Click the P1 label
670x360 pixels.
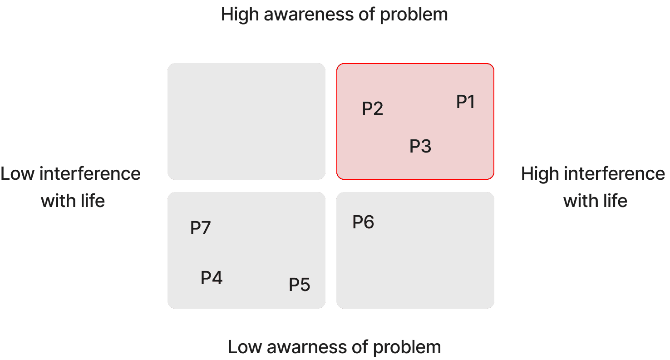click(x=465, y=102)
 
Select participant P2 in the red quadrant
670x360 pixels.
click(x=372, y=109)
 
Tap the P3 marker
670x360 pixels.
click(x=420, y=147)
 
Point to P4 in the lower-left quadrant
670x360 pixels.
click(x=212, y=278)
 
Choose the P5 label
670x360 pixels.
click(x=299, y=285)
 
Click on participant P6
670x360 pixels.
click(x=363, y=222)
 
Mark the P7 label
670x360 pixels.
click(x=200, y=228)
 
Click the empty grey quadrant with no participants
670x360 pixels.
click(x=246, y=121)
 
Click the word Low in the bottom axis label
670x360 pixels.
click(x=244, y=347)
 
